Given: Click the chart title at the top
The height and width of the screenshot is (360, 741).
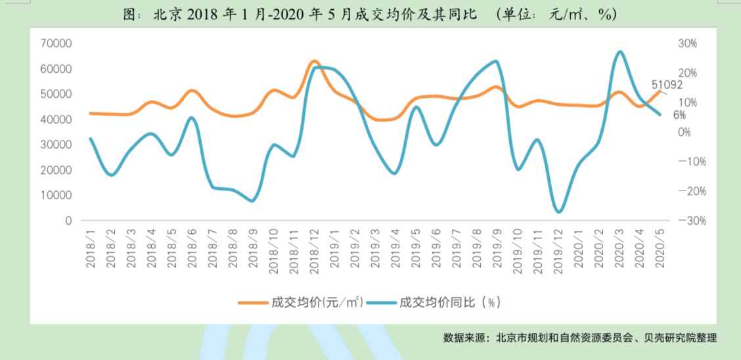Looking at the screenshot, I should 370,14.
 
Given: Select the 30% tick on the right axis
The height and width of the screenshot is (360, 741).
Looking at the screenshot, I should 687,43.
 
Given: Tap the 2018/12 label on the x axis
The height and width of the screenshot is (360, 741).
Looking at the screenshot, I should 314,247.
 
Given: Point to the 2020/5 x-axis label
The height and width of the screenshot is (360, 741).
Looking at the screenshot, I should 660,248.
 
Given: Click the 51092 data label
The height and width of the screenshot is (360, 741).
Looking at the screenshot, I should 667,85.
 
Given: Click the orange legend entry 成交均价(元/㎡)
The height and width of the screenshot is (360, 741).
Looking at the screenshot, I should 301,302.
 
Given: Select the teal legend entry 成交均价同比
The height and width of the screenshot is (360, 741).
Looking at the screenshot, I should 436,302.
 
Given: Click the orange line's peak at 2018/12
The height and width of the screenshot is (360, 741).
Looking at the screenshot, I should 314,61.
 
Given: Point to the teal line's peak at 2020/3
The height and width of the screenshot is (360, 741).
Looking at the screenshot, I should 620,51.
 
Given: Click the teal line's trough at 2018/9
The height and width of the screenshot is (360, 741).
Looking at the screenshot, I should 252,201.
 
